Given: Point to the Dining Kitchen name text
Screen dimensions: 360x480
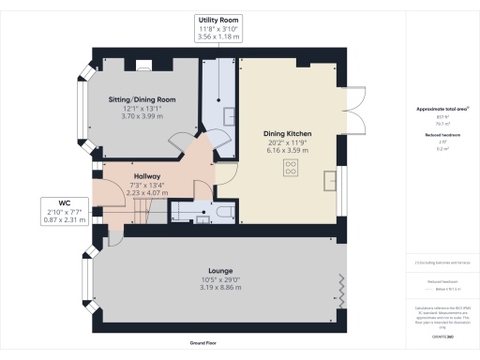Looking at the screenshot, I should pyautogui.click(x=288, y=133).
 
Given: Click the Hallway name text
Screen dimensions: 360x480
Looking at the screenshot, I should pyautogui.click(x=147, y=176).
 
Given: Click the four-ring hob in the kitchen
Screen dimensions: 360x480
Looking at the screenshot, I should pyautogui.click(x=291, y=169).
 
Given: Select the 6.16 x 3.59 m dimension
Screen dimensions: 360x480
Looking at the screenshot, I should pyautogui.click(x=288, y=150).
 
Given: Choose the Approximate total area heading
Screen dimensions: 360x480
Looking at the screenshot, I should pyautogui.click(x=437, y=110).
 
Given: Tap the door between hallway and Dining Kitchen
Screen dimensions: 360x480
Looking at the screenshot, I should pyautogui.click(x=226, y=172).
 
